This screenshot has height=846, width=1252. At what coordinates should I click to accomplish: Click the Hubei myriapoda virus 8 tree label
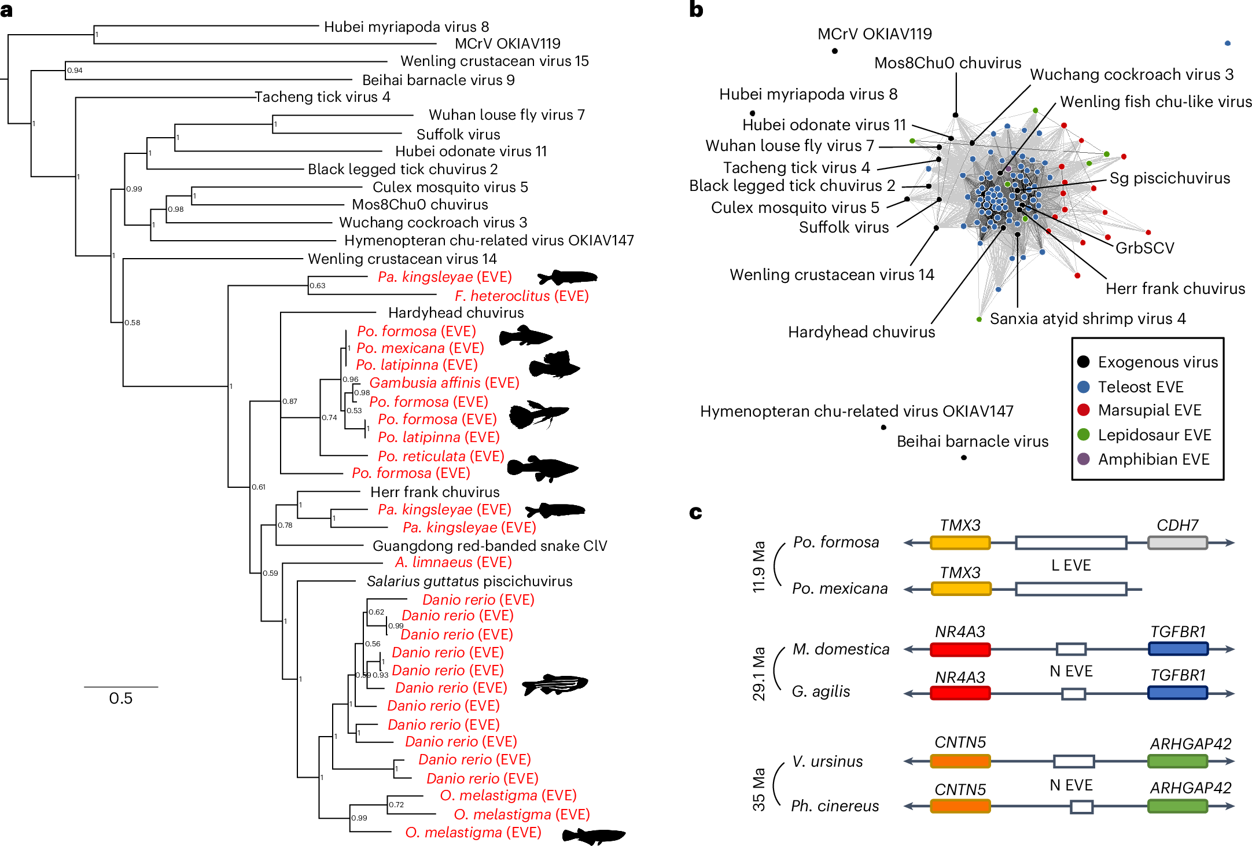tap(406, 27)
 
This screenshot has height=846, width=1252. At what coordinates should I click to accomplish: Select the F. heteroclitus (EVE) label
tap(521, 296)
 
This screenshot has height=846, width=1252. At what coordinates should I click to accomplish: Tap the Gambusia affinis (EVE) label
tap(444, 382)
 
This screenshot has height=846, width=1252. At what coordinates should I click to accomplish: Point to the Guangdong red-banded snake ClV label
tap(489, 546)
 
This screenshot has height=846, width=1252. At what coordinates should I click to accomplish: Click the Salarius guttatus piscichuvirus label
tap(469, 581)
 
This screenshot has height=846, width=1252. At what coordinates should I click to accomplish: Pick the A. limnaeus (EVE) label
tap(453, 562)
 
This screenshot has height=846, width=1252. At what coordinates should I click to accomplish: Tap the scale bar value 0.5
tap(120, 698)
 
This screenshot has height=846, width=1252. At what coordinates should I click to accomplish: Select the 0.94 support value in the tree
tap(75, 71)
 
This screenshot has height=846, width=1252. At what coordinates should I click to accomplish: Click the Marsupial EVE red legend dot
tap(1084, 410)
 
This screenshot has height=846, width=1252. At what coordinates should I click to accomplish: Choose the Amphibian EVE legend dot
tap(1084, 459)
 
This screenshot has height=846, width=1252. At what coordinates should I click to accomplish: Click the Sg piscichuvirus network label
tap(1169, 178)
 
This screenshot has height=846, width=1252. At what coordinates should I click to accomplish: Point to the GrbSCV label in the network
tap(1144, 248)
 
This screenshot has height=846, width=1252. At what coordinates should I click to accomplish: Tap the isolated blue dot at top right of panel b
tap(1227, 43)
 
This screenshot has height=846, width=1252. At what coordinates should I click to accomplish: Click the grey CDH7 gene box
tap(1177, 543)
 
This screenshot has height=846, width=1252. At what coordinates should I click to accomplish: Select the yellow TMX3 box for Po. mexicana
tap(960, 589)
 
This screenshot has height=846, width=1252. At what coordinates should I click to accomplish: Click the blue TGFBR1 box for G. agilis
tap(1177, 693)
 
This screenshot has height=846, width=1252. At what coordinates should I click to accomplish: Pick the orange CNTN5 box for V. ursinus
tap(960, 761)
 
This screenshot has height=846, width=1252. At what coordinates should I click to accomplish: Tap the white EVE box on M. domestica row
tap(1070, 649)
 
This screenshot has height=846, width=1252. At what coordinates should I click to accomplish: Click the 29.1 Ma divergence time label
tap(758, 673)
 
